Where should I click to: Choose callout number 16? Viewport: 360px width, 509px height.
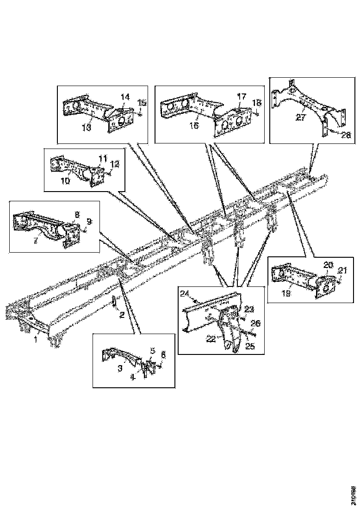(x=194, y=125)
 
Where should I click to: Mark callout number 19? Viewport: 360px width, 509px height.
(x=286, y=293)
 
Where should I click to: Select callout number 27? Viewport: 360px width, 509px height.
(x=301, y=118)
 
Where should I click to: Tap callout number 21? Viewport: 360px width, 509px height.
(x=342, y=270)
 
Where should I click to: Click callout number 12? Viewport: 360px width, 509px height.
(x=115, y=163)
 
